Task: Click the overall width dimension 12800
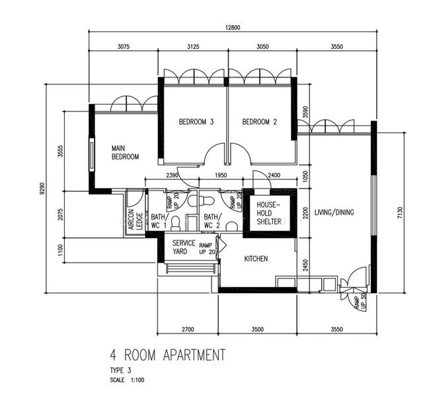pyautogui.click(x=233, y=28)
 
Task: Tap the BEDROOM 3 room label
pyautogui.click(x=196, y=122)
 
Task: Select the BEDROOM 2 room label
pyautogui.click(x=259, y=122)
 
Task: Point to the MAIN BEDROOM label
pyautogui.click(x=125, y=152)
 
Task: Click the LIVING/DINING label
pyautogui.click(x=334, y=212)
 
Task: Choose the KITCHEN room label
pyautogui.click(x=256, y=259)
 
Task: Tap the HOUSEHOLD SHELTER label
pyautogui.click(x=269, y=213)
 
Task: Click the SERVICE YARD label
pyautogui.click(x=184, y=247)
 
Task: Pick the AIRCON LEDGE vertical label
pyautogui.click(x=136, y=220)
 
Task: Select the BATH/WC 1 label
pyautogui.click(x=159, y=221)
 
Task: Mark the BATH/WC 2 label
pyautogui.click(x=212, y=221)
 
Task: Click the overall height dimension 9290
pyautogui.click(x=42, y=189)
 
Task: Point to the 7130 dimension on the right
pyautogui.click(x=399, y=213)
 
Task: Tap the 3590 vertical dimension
pyautogui.click(x=305, y=112)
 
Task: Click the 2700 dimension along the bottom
pyautogui.click(x=188, y=330)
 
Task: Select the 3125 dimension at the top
pyautogui.click(x=193, y=46)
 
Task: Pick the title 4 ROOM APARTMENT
pyautogui.click(x=167, y=355)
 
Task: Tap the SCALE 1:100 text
pyautogui.click(x=127, y=380)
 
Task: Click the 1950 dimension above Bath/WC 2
pyautogui.click(x=221, y=175)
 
